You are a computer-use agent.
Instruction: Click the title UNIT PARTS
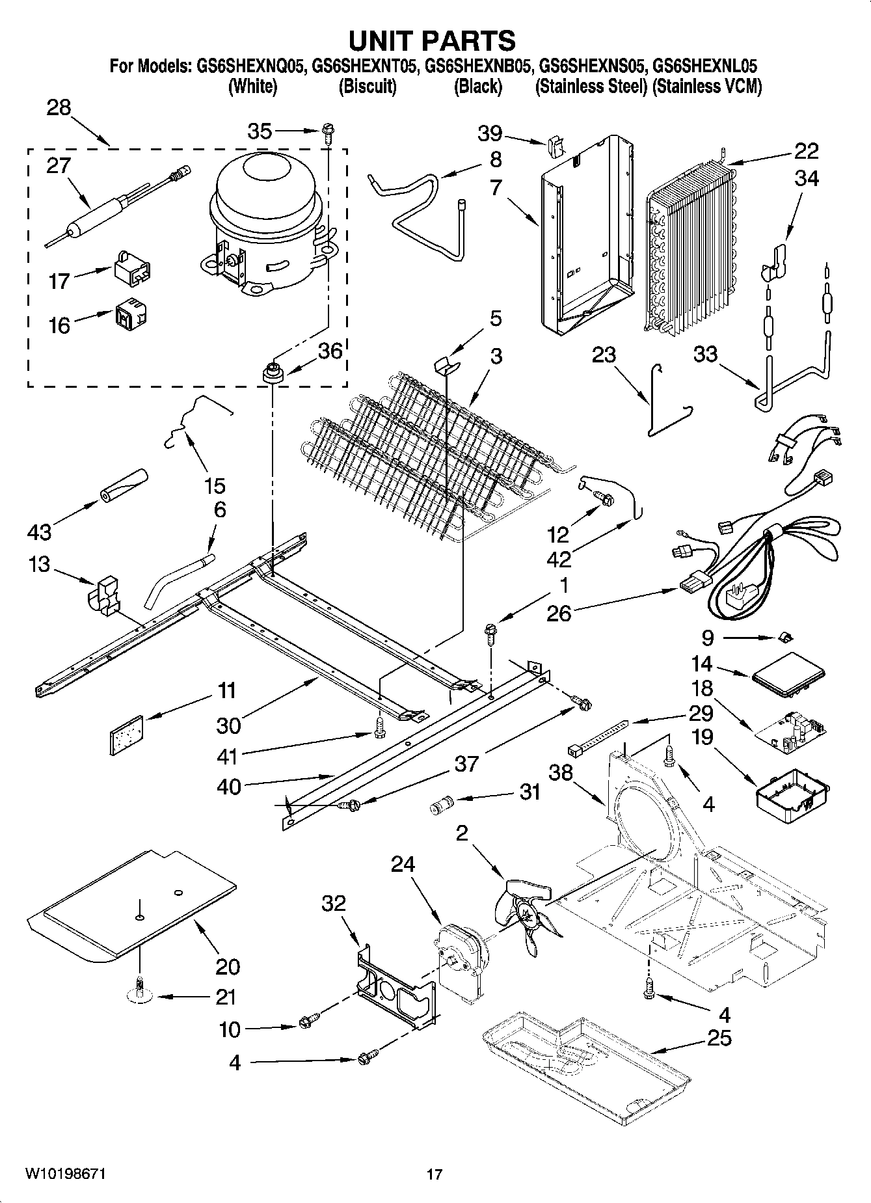[432, 40]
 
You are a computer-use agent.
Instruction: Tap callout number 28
[59, 107]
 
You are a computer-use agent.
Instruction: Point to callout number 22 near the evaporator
[806, 151]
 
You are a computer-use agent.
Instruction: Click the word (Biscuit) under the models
[368, 87]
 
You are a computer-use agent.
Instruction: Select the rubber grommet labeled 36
[272, 375]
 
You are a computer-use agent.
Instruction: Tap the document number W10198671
[65, 1174]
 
